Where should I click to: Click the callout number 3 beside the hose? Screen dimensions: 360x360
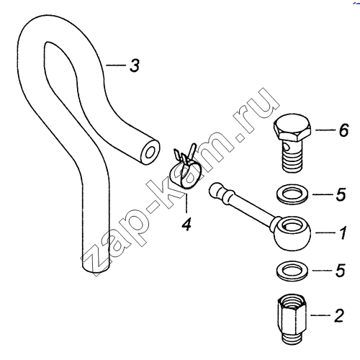[135, 66]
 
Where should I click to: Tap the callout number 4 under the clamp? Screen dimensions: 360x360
[186, 224]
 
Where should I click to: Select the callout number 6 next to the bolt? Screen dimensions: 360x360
[343, 130]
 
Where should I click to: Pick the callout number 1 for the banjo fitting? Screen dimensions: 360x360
[343, 233]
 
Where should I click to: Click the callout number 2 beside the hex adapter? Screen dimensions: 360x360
[339, 315]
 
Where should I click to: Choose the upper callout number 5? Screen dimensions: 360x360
[341, 194]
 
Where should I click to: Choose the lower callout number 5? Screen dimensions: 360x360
[341, 271]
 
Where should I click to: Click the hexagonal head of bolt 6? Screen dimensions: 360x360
[292, 128]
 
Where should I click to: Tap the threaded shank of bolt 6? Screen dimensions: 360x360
[291, 161]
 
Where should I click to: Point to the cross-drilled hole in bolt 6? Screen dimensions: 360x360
[286, 145]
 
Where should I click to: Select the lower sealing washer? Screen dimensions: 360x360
[292, 271]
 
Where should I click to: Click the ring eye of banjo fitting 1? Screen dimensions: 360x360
[292, 232]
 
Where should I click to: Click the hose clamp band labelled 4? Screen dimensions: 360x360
[185, 175]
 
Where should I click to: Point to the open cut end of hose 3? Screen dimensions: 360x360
[150, 152]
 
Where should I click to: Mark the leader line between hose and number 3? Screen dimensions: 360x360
[116, 65]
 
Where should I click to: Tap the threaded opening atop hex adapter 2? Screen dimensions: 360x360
[292, 301]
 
